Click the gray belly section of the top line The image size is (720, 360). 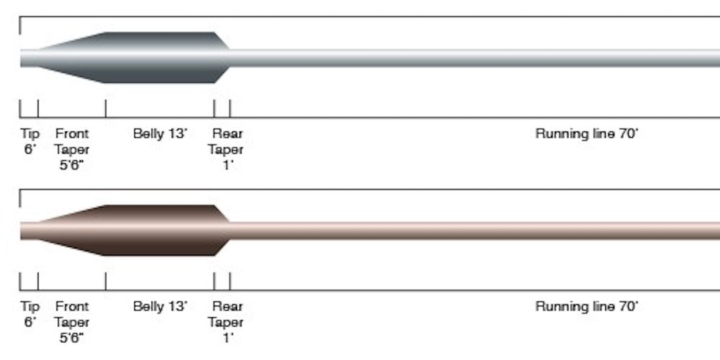(x=160, y=58)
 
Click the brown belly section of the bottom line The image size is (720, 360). (x=160, y=231)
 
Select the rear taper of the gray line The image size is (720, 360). (x=221, y=58)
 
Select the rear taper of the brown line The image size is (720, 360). (x=221, y=231)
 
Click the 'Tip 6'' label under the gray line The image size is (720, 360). (x=30, y=141)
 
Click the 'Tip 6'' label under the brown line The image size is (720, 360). (x=30, y=314)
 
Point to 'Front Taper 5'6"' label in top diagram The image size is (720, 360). (x=72, y=149)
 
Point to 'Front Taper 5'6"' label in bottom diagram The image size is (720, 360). (x=72, y=322)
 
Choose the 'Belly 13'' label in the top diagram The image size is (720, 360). (x=160, y=134)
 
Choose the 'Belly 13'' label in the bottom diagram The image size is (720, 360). (x=160, y=307)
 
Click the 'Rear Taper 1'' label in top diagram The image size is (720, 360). (x=226, y=149)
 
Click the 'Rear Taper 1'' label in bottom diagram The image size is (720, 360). (x=226, y=322)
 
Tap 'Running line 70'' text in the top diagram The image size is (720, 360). (x=587, y=134)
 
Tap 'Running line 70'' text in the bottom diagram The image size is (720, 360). (x=587, y=307)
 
